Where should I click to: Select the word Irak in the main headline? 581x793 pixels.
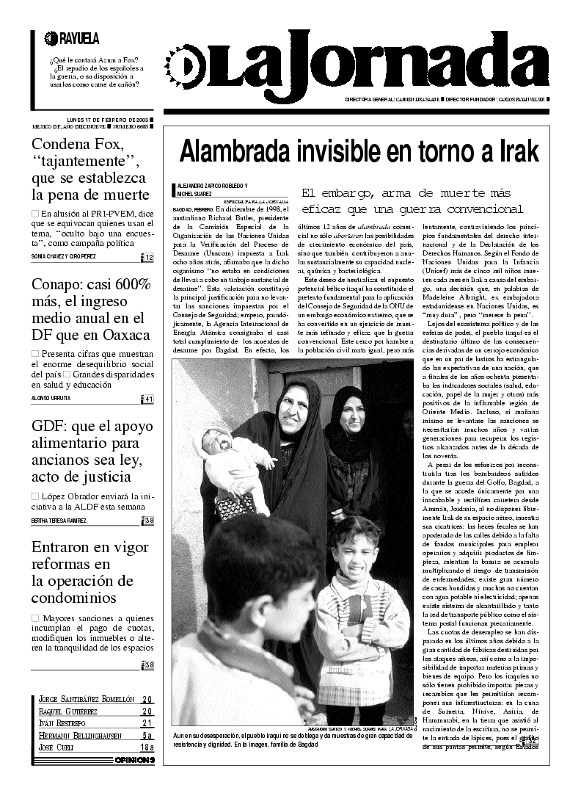pyautogui.click(x=517, y=151)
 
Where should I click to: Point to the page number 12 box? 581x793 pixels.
pyautogui.click(x=148, y=257)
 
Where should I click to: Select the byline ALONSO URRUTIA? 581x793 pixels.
pyautogui.click(x=51, y=399)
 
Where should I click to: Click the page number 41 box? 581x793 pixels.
pyautogui.click(x=148, y=399)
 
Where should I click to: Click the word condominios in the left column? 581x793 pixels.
pyautogui.click(x=73, y=596)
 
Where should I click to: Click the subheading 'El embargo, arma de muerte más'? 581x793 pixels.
pyautogui.click(x=406, y=193)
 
